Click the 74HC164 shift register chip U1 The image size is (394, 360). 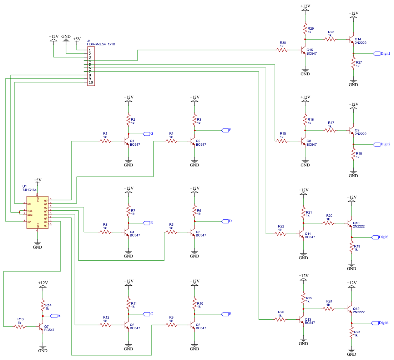(x=37, y=213)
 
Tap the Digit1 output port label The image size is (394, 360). (x=382, y=54)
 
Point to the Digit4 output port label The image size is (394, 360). (x=380, y=323)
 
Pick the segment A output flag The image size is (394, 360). (x=55, y=316)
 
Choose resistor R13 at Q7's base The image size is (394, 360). (x=19, y=326)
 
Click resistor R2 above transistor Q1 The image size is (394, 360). (x=128, y=120)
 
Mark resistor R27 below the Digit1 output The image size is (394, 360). (x=353, y=63)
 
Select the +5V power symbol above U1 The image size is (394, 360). (x=37, y=180)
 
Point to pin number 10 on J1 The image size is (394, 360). (x=91, y=82)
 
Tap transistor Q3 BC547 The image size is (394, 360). (x=193, y=232)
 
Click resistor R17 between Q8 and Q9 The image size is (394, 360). (x=330, y=131)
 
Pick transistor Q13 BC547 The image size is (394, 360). (x=302, y=320)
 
